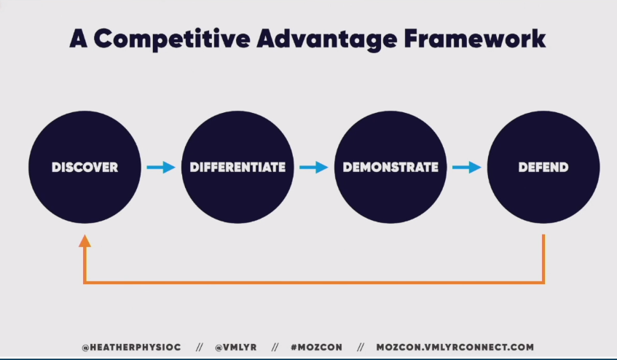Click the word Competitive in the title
tap(172, 39)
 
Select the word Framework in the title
tap(474, 38)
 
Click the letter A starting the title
tap(78, 39)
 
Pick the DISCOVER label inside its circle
tap(85, 167)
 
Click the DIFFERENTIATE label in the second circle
tap(237, 167)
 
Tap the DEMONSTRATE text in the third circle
tap(390, 167)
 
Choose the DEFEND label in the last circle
tap(543, 167)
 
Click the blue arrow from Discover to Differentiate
tap(161, 167)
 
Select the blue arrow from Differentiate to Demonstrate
tap(314, 167)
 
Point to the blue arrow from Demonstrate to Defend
tap(467, 167)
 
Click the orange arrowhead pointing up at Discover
tap(85, 241)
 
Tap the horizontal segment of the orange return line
tap(314, 282)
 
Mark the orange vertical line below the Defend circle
tap(543, 259)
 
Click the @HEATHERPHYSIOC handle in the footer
tap(131, 348)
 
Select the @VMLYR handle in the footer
tap(236, 348)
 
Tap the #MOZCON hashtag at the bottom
tap(316, 348)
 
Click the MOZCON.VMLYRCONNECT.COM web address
tap(455, 348)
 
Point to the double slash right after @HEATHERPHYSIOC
tap(199, 348)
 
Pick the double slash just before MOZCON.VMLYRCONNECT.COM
tap(361, 348)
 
